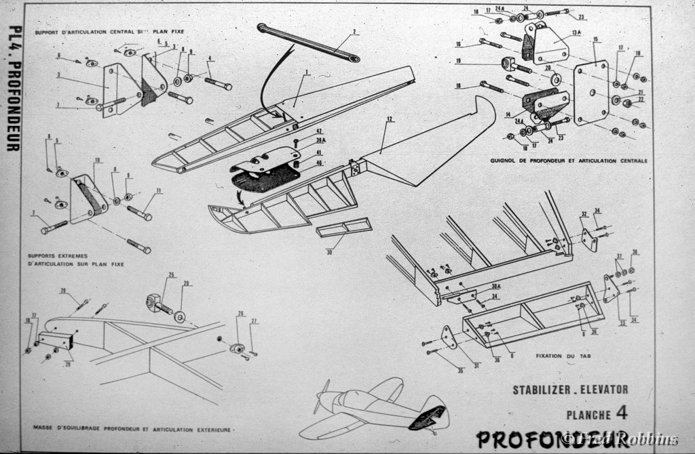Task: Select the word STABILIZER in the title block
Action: coord(542,390)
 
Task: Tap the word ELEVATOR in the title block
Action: coord(605,390)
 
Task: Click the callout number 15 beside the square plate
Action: coord(595,39)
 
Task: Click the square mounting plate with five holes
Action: coord(591,92)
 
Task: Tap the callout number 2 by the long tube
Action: coord(354,32)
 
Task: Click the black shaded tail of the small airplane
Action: coord(430,416)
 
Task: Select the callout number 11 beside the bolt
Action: coord(160,192)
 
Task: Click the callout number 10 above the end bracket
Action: coord(98,160)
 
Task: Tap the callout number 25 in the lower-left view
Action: coord(172,274)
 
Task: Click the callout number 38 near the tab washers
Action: coord(635,252)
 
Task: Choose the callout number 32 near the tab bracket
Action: coord(583,215)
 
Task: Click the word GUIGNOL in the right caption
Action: coord(506,161)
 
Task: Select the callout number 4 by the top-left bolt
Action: coord(210,58)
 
